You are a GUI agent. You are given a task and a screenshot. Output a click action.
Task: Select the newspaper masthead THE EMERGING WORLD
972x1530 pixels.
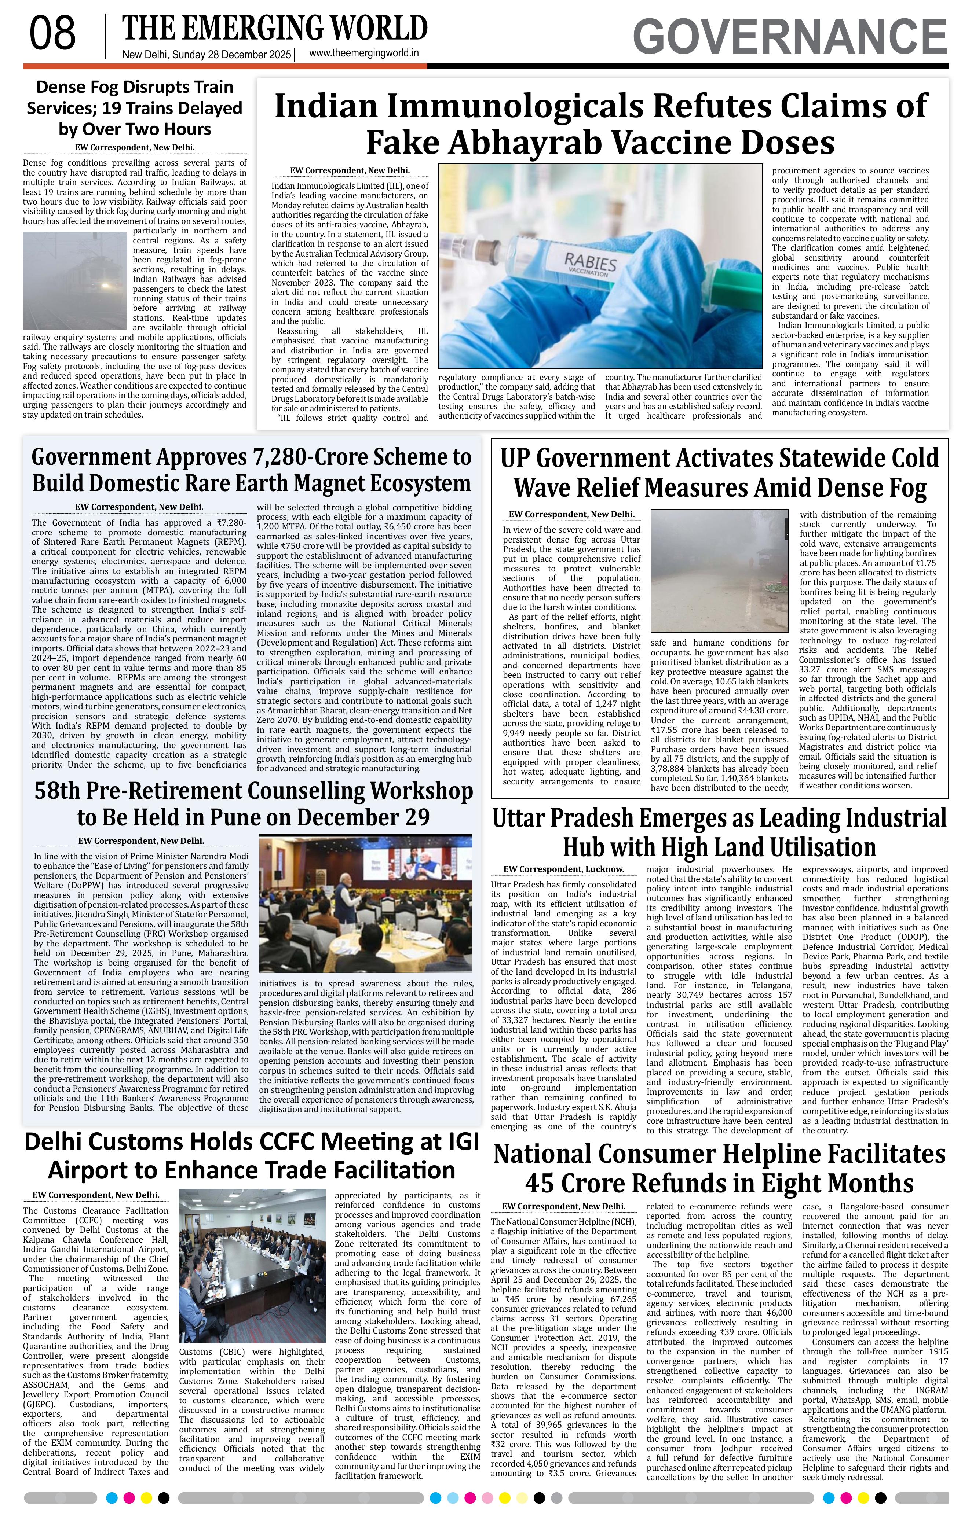coord(275,29)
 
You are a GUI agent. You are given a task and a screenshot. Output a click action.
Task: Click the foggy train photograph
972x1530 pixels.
coord(76,280)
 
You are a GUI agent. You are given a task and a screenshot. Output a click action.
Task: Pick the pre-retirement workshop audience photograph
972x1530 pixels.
coord(365,904)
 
